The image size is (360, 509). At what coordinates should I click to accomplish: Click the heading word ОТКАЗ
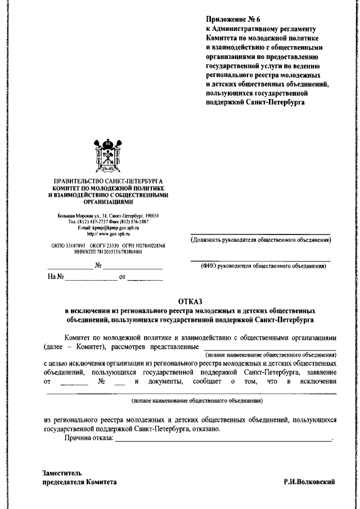(193, 301)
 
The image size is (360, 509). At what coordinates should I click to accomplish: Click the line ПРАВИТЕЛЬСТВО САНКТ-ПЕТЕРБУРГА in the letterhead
(107, 181)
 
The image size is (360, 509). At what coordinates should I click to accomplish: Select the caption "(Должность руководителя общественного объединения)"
(260, 240)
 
